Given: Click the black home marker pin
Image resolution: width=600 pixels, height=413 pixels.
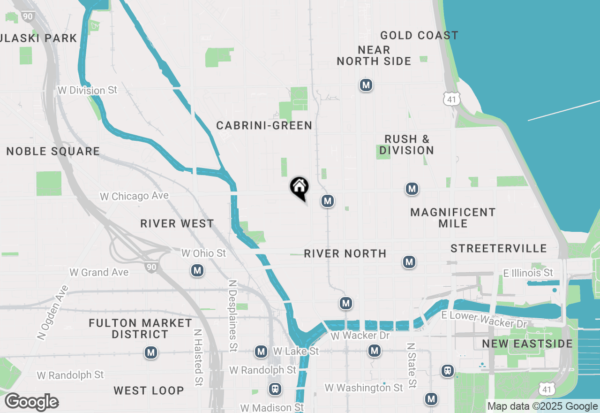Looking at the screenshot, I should pyautogui.click(x=300, y=187).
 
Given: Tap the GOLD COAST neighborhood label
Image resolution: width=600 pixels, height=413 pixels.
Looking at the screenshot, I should pyautogui.click(x=419, y=36).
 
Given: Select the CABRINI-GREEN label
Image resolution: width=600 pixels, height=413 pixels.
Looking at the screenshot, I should pyautogui.click(x=264, y=125).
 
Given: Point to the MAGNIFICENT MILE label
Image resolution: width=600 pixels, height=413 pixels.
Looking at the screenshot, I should pyautogui.click(x=453, y=218).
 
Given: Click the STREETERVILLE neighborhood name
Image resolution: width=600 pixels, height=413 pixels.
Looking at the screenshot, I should pyautogui.click(x=499, y=248).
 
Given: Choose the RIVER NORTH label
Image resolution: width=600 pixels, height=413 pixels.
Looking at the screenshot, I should pyautogui.click(x=345, y=253).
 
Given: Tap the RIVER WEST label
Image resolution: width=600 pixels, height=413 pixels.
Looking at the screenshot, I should pyautogui.click(x=177, y=223).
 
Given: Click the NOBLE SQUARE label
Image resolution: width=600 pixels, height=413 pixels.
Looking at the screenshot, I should pyautogui.click(x=53, y=151).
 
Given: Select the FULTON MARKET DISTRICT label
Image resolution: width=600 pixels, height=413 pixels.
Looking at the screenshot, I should pyautogui.click(x=140, y=329).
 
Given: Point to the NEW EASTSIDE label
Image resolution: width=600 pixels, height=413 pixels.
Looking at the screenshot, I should pyautogui.click(x=527, y=344).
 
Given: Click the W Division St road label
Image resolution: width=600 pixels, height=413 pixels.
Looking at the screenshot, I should pyautogui.click(x=87, y=90).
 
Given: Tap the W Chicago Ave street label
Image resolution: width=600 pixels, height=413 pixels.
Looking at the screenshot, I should pyautogui.click(x=134, y=196).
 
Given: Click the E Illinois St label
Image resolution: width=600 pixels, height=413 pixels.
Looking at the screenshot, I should pyautogui.click(x=528, y=273).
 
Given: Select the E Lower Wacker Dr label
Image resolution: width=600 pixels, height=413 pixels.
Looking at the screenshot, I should pyautogui.click(x=485, y=319).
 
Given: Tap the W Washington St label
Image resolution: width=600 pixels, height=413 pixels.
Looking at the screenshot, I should pyautogui.click(x=364, y=388).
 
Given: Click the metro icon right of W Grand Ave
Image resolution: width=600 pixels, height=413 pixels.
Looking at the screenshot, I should pyautogui.click(x=197, y=270).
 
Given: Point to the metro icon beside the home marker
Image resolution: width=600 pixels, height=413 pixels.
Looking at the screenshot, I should pyautogui.click(x=327, y=201).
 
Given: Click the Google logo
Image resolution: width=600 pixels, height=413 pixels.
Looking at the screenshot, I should pyautogui.click(x=32, y=402).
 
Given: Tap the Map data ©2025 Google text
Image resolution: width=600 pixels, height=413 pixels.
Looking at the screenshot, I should pyautogui.click(x=542, y=406).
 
